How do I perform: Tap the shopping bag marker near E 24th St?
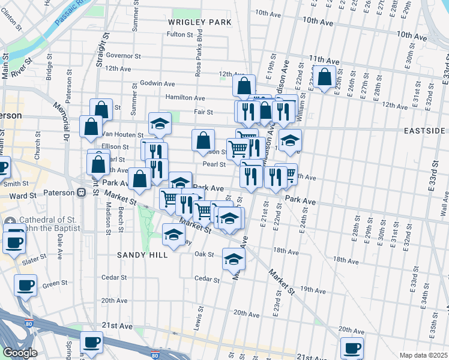click(325, 77)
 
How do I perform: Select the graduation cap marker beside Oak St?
click(234, 259)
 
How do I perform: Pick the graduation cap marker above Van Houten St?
click(160, 123)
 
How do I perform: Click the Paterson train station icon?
click(81, 193)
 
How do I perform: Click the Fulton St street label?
click(179, 35)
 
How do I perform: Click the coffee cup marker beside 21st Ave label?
click(91, 342)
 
